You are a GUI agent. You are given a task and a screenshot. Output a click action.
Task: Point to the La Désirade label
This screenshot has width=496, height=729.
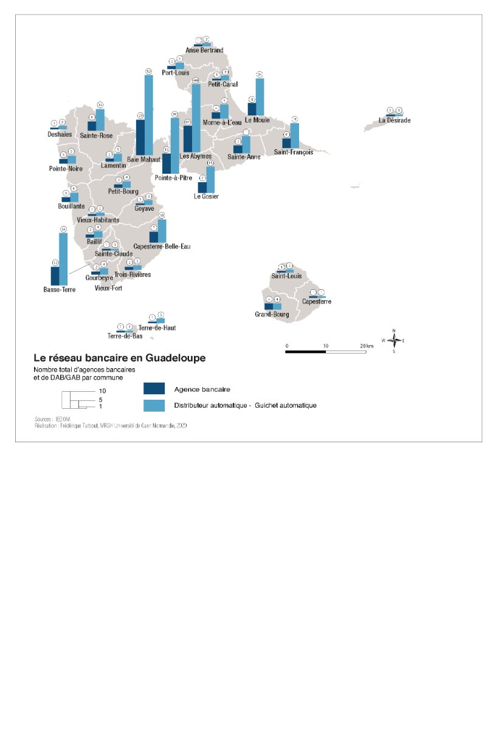coord(394,120)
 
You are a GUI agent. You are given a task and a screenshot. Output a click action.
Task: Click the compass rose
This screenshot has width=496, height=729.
coord(394,341)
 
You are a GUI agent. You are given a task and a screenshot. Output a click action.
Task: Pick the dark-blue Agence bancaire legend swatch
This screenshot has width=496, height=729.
coord(154,389)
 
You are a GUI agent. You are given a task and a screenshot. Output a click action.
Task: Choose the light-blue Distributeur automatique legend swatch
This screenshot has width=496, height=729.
coord(154,405)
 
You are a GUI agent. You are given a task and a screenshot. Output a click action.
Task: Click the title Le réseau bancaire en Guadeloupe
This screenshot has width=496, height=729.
coord(119,358)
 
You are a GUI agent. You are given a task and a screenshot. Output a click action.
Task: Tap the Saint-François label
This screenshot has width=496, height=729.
coord(293,152)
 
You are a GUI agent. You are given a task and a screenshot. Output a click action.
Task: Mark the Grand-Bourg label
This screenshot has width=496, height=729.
coord(272,315)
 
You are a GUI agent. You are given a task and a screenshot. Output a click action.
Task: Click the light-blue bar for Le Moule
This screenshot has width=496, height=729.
coord(260,97)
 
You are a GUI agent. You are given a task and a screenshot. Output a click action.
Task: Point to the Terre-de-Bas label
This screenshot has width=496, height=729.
coord(125,336)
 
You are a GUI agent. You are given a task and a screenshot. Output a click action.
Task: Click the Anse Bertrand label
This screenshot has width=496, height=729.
coord(204,50)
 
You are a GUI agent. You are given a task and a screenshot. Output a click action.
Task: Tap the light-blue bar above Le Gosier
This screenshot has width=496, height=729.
coord(210,180)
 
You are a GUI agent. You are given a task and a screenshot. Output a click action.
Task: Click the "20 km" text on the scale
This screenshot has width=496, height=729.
coord(367,346)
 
